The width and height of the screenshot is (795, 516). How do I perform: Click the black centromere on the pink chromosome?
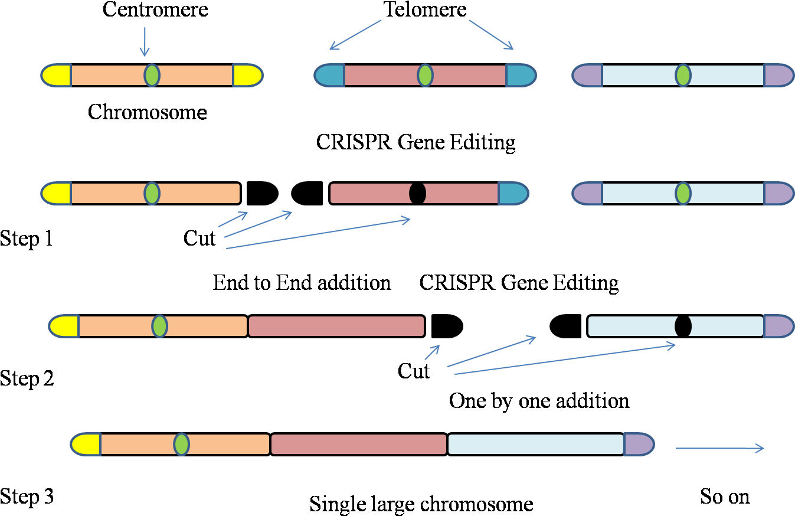tap(417, 194)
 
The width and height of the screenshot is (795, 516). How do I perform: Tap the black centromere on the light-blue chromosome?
tap(683, 326)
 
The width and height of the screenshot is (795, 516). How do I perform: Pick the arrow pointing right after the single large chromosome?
tap(719, 449)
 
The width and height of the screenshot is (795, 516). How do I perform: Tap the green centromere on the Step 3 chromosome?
tap(181, 444)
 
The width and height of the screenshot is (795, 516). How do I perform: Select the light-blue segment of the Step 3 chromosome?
tap(535, 445)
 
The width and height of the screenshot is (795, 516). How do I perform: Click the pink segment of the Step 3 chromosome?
tap(358, 445)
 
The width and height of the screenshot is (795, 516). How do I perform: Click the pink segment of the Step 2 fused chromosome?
tap(336, 326)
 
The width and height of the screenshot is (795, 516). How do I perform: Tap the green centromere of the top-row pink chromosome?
tap(425, 76)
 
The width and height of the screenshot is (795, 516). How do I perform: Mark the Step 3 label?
tap(27, 496)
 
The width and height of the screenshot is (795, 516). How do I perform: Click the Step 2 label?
tap(27, 378)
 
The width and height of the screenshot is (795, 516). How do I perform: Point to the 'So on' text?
tap(725, 497)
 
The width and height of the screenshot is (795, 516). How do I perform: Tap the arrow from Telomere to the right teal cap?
tap(491, 35)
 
